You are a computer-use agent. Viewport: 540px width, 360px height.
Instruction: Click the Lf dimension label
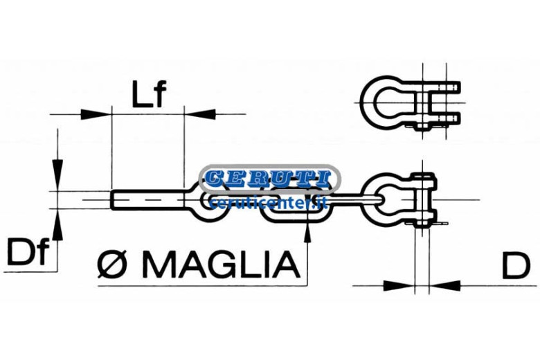click(x=149, y=93)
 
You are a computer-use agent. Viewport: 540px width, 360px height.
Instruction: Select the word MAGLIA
click(x=221, y=264)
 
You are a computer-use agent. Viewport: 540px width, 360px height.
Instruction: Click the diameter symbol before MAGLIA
click(x=112, y=264)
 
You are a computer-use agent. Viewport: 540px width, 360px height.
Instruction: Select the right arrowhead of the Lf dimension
click(x=200, y=114)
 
